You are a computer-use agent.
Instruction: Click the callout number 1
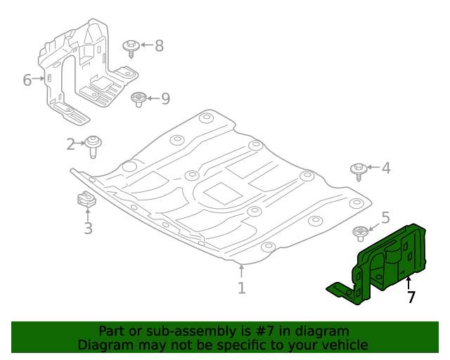pos(241,288)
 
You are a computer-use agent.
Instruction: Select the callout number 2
pos(71,144)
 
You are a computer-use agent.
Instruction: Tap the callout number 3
pos(88,228)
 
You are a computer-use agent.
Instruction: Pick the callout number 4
pos(386,168)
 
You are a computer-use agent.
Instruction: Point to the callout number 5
pos(385,218)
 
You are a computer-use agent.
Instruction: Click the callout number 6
pos(27,79)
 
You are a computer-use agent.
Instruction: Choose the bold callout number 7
pos(411,297)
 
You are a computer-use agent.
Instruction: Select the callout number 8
pos(159,46)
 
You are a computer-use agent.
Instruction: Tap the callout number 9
pos(165,98)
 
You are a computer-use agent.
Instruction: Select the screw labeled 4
pos(359,170)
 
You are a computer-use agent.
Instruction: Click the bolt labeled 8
pos(131,48)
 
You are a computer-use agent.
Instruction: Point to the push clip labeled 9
pos(139,99)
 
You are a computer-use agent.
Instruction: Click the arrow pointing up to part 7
pos(409,283)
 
